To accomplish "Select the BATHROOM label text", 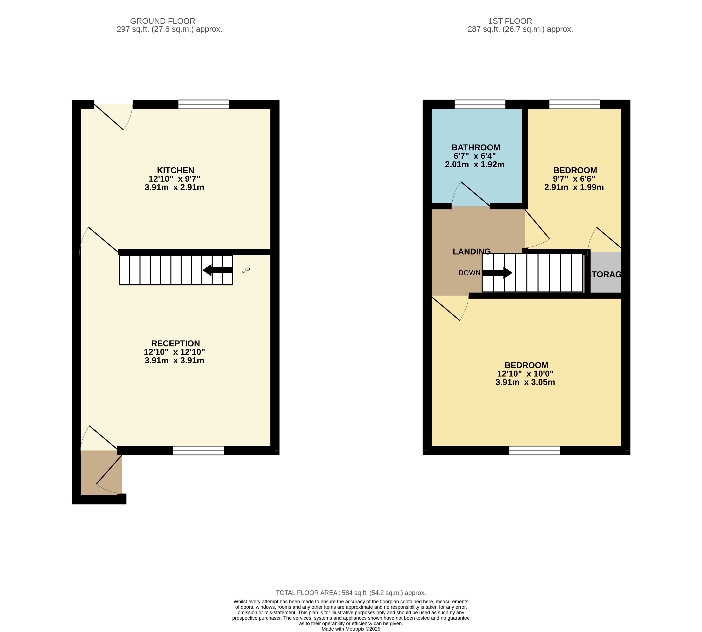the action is coord(476,147).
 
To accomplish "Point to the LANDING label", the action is coord(471,251).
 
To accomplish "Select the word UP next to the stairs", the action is coord(245,270).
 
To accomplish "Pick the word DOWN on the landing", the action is coord(469,273).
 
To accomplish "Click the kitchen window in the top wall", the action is coord(204,104).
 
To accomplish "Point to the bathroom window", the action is coord(480,104).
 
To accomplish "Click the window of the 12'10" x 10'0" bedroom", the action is coord(535,450).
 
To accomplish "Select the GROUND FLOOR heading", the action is coord(163,21).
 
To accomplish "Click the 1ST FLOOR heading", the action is coord(510,21).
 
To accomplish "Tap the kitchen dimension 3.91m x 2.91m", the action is coord(174,187).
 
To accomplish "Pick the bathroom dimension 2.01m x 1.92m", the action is coord(475,164).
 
